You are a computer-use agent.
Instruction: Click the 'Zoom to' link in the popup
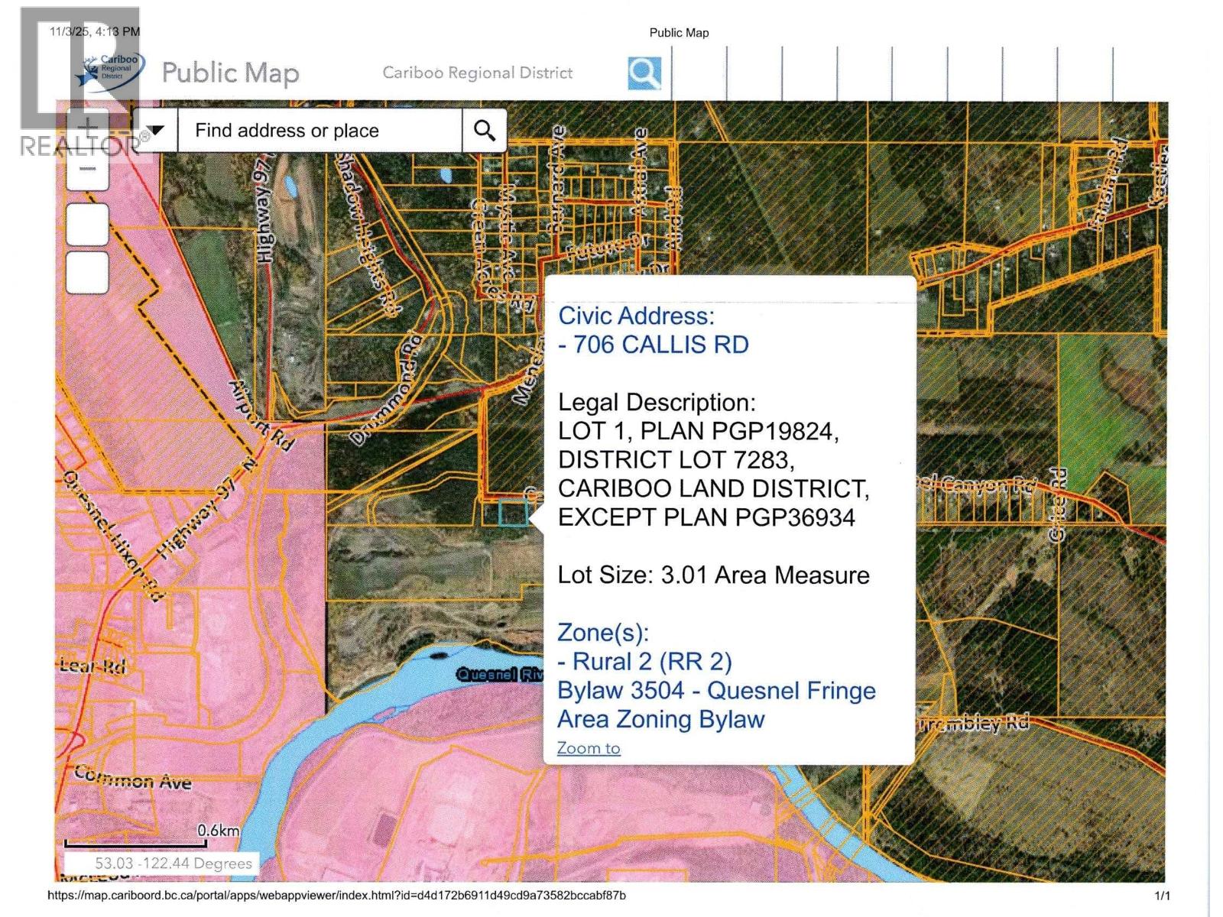click(x=589, y=748)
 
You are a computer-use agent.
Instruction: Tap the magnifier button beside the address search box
click(x=484, y=131)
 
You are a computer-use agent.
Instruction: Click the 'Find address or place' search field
click(x=320, y=131)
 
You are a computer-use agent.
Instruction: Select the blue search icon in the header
click(x=644, y=73)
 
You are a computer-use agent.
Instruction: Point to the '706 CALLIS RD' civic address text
click(x=660, y=345)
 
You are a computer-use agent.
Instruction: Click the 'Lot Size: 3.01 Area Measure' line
click(x=713, y=575)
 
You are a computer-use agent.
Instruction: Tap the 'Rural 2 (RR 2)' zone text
click(x=651, y=661)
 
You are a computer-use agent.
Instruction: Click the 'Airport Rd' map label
click(x=262, y=415)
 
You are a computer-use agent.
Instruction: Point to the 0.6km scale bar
click(x=135, y=843)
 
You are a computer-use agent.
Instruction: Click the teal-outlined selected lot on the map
click(x=513, y=512)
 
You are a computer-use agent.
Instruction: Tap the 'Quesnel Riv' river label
click(x=499, y=674)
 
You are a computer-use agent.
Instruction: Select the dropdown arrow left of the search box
click(x=156, y=131)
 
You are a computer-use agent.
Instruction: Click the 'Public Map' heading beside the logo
click(x=230, y=73)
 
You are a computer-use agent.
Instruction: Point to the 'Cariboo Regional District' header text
click(x=478, y=73)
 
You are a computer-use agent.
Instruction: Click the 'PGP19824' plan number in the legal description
click(x=774, y=431)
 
